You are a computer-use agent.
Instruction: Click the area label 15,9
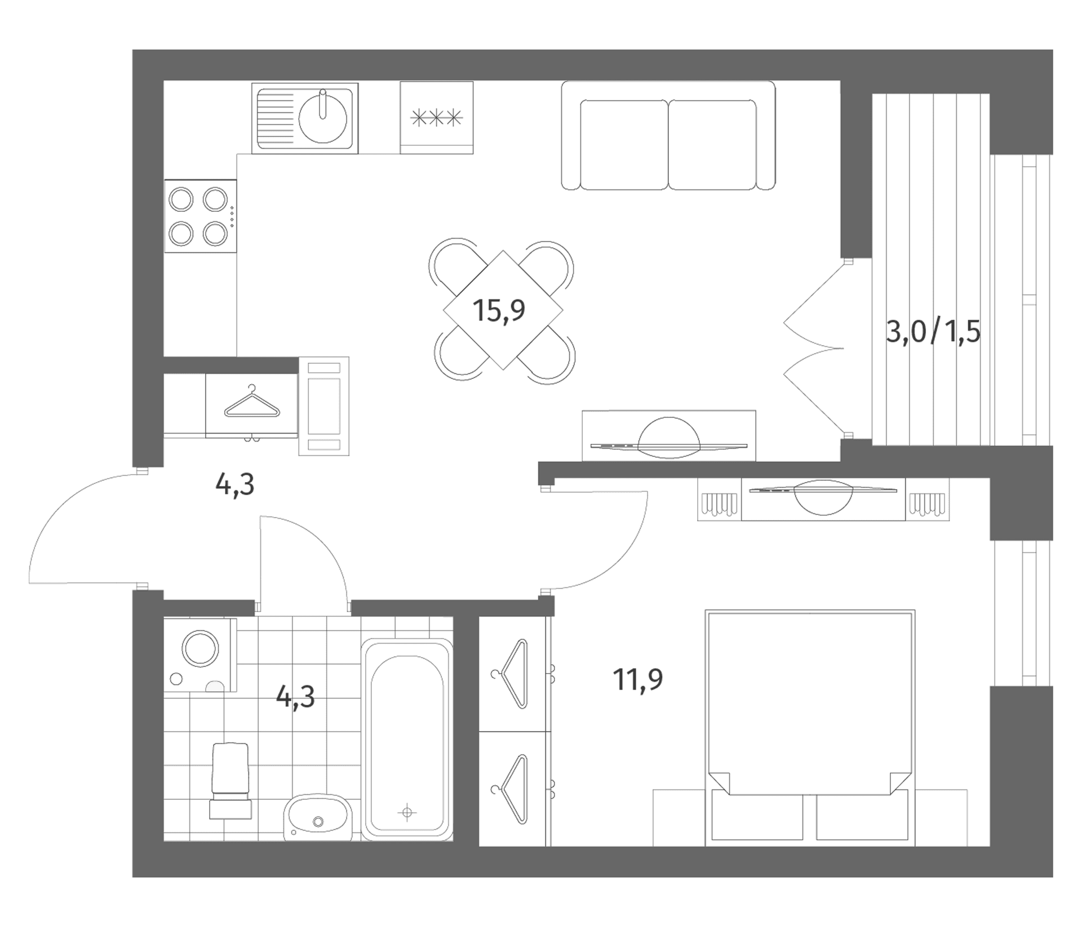[499, 311]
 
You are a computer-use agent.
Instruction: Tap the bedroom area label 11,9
[637, 680]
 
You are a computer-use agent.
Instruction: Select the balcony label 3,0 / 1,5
[933, 333]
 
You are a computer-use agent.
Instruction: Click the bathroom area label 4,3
[295, 697]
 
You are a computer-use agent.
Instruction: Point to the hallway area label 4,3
[235, 485]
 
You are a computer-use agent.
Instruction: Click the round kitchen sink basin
[322, 118]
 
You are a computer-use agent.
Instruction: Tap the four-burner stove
[200, 216]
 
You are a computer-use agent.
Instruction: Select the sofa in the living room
[668, 135]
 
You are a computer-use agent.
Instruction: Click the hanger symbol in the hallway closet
[252, 403]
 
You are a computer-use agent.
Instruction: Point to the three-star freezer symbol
[437, 118]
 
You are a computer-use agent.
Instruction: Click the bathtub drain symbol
[407, 812]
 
